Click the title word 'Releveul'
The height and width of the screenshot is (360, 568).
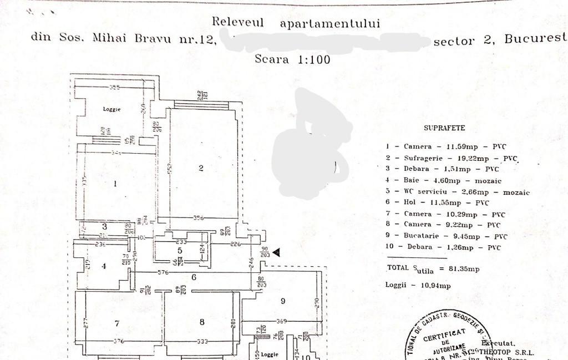(x=238, y=23)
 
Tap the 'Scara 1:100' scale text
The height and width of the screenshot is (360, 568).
(x=292, y=59)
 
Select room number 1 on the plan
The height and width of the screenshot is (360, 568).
(x=115, y=184)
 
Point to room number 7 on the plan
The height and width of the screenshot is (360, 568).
(x=117, y=323)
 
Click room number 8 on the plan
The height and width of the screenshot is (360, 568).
(x=202, y=322)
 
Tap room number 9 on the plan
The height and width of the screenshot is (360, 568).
(x=282, y=301)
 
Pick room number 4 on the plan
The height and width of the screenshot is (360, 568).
(x=104, y=266)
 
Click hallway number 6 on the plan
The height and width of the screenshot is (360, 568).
(x=194, y=277)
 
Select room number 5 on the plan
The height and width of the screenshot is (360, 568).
(x=180, y=251)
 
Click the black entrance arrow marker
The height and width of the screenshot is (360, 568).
(x=276, y=252)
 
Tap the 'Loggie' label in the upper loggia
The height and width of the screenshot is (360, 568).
(x=111, y=109)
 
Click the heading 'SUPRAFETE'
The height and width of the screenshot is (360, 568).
(x=444, y=128)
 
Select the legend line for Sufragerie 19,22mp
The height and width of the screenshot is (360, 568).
(x=452, y=158)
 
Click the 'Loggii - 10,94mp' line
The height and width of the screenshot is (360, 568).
(x=418, y=285)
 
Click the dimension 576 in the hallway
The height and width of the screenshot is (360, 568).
(x=163, y=272)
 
